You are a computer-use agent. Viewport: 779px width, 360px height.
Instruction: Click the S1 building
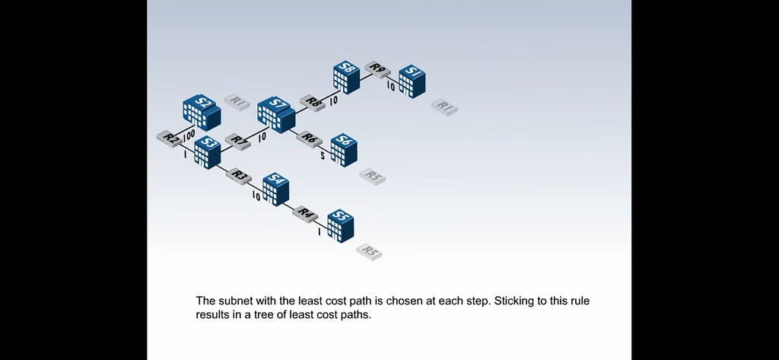pyautogui.click(x=412, y=81)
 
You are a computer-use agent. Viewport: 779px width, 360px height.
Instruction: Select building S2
pyautogui.click(x=202, y=113)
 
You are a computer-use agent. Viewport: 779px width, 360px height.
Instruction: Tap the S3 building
pyautogui.click(x=207, y=152)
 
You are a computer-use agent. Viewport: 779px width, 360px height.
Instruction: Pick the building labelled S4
pyautogui.click(x=275, y=189)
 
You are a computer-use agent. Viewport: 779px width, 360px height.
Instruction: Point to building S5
pyautogui.click(x=341, y=226)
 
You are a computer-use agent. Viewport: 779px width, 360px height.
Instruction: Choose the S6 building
pyautogui.click(x=344, y=150)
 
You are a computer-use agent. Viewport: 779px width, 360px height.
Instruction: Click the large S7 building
pyautogui.click(x=276, y=115)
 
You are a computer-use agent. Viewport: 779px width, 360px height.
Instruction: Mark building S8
pyautogui.click(x=347, y=77)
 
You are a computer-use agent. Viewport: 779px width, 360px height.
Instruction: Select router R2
pyautogui.click(x=170, y=139)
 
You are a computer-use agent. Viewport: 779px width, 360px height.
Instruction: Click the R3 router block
pyautogui.click(x=239, y=176)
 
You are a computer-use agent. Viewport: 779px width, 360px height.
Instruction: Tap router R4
pyautogui.click(x=306, y=214)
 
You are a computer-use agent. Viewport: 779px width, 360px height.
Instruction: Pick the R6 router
pyautogui.click(x=309, y=139)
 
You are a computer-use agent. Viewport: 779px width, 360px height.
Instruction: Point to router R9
pyautogui.click(x=377, y=69)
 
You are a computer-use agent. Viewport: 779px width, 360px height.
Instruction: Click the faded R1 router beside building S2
pyautogui.click(x=237, y=103)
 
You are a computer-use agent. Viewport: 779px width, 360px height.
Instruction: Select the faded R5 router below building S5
pyautogui.click(x=369, y=252)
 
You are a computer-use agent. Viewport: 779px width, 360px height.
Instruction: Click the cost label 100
pyautogui.click(x=189, y=135)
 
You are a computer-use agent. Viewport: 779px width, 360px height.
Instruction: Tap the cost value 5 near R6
pyautogui.click(x=323, y=155)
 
